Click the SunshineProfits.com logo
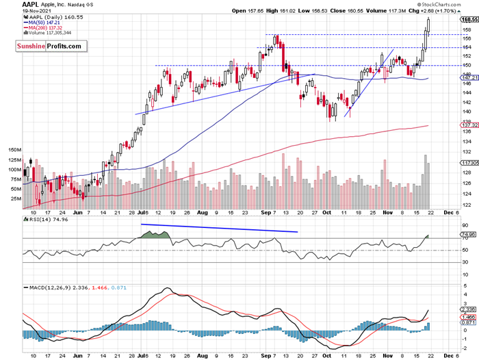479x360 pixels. point(50,47)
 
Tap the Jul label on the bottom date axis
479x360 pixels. point(142,355)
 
